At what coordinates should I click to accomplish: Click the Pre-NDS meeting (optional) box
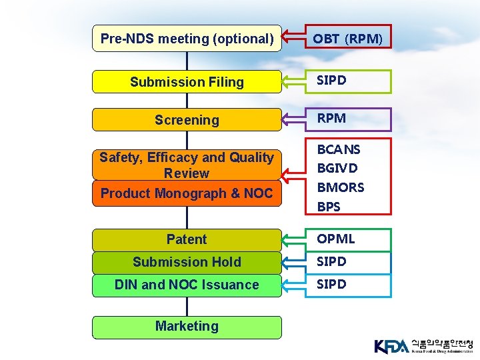coord(187,39)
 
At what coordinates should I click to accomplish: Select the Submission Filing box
coord(187,82)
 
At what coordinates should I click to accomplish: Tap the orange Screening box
coord(187,120)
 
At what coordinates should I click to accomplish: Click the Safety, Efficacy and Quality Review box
coord(187,165)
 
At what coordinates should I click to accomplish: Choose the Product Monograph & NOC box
coord(187,193)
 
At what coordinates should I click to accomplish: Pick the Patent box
coord(187,239)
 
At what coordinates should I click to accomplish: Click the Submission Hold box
coord(187,262)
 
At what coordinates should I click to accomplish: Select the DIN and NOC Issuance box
coord(187,285)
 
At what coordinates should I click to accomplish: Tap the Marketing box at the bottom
coord(187,326)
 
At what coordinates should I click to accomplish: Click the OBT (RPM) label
coord(348,39)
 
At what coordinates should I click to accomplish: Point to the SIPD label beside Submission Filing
coord(331,80)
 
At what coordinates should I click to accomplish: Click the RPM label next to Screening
coord(331,118)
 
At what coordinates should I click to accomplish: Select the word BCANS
coord(339,149)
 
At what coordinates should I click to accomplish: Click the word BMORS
coord(340,187)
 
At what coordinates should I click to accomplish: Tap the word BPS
coord(329,207)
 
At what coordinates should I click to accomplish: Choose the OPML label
coord(336,239)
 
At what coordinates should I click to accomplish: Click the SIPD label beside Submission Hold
coord(331,261)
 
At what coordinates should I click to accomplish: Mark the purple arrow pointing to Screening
coord(294,119)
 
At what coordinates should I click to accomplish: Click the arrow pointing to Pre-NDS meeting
coord(294,39)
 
